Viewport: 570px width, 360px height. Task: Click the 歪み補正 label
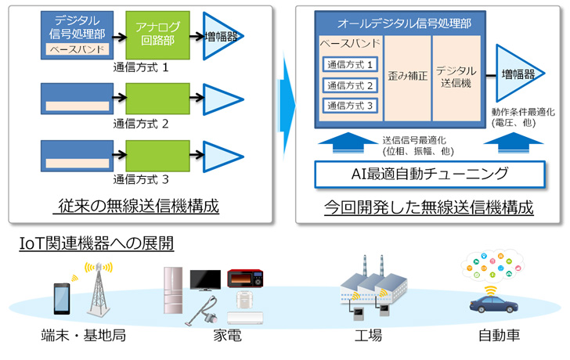[407, 76]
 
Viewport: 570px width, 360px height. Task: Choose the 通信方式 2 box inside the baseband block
[349, 85]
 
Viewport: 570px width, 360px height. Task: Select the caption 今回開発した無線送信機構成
[429, 208]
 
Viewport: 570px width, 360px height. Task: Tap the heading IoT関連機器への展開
[96, 244]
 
